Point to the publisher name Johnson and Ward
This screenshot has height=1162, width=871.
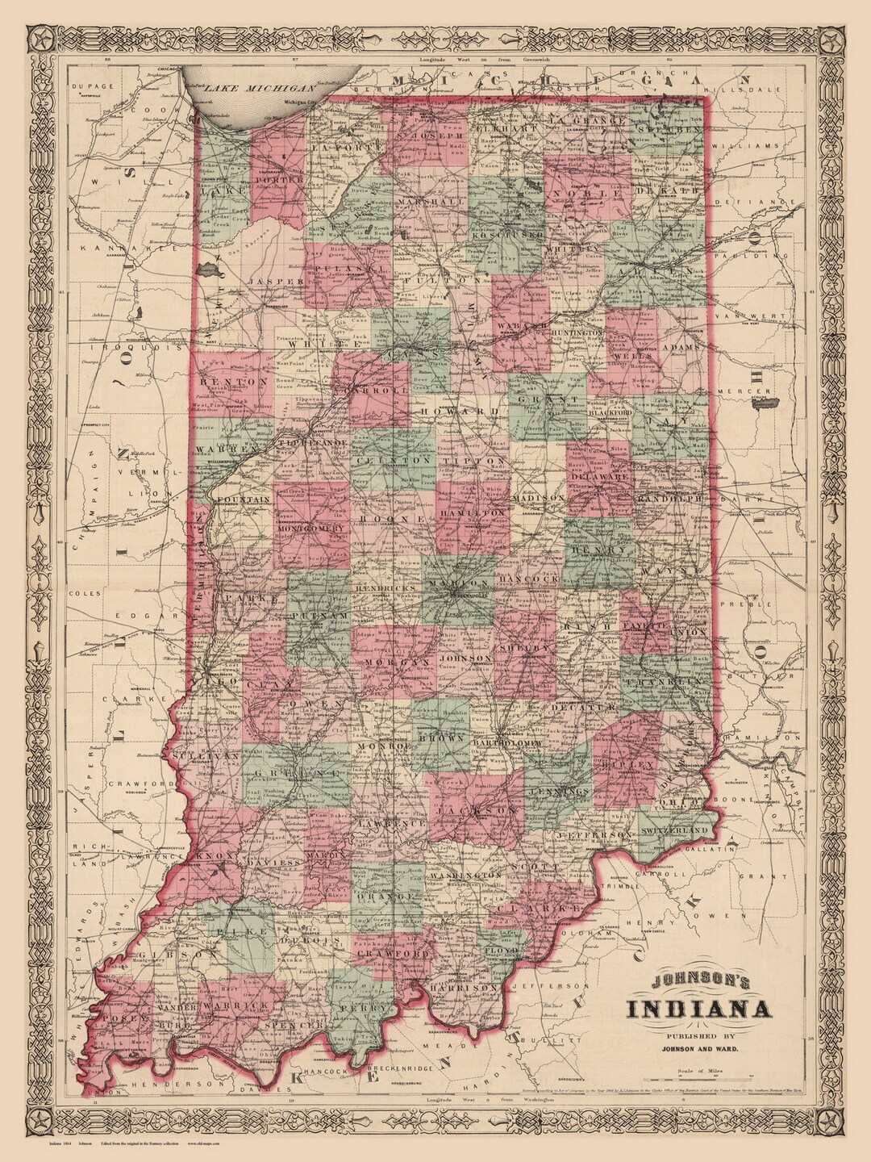click(x=699, y=1048)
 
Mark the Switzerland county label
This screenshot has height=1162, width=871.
click(x=675, y=830)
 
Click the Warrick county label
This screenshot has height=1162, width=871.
click(x=234, y=1006)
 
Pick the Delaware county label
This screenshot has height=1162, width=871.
click(x=600, y=477)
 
